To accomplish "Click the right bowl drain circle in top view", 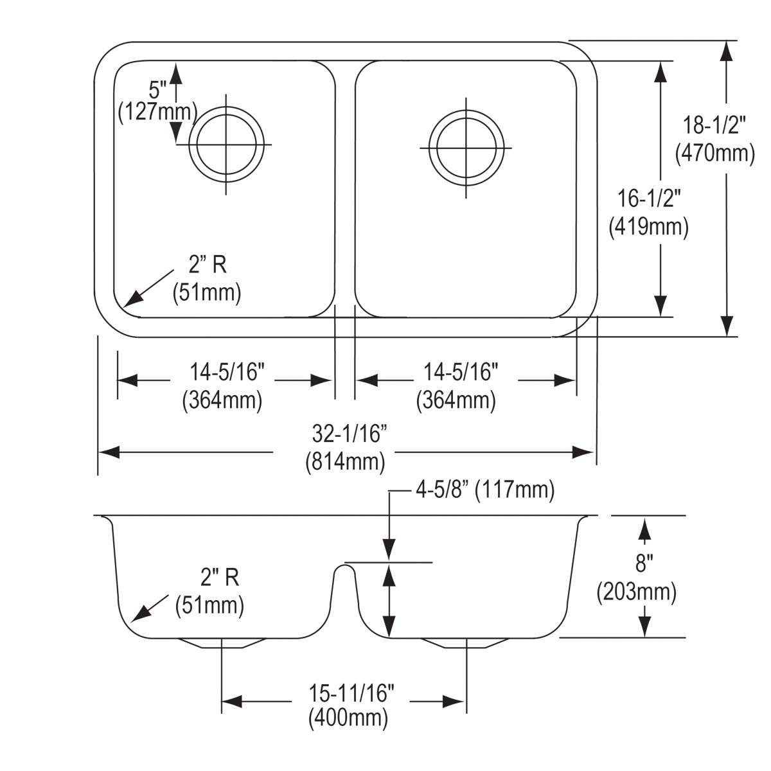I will (x=466, y=147).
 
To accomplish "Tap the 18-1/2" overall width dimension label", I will (x=714, y=125).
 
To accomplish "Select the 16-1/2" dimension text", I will (x=649, y=199).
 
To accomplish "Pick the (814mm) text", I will (x=346, y=461).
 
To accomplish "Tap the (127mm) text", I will (x=157, y=112).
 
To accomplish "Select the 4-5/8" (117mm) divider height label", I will (x=484, y=491).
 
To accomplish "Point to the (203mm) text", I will (x=636, y=592).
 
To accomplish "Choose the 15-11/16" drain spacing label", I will (x=350, y=693).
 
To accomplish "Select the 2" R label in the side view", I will (x=219, y=578).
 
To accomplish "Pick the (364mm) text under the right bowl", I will (x=456, y=400).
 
